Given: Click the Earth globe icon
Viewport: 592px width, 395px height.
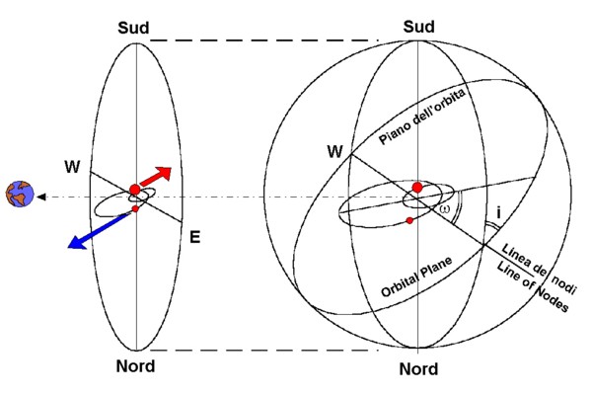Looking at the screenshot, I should (x=18, y=196).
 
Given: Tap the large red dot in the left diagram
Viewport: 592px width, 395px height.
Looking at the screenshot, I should (x=135, y=190).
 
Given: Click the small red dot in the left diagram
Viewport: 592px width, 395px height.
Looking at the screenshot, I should (x=135, y=209).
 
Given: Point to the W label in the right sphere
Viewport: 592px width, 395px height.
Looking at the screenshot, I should (x=335, y=152).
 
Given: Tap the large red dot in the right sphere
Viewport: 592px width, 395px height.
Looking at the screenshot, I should (x=417, y=187).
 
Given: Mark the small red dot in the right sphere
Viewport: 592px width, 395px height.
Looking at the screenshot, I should (x=408, y=220).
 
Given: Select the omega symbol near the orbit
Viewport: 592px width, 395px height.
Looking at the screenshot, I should (x=445, y=209).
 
